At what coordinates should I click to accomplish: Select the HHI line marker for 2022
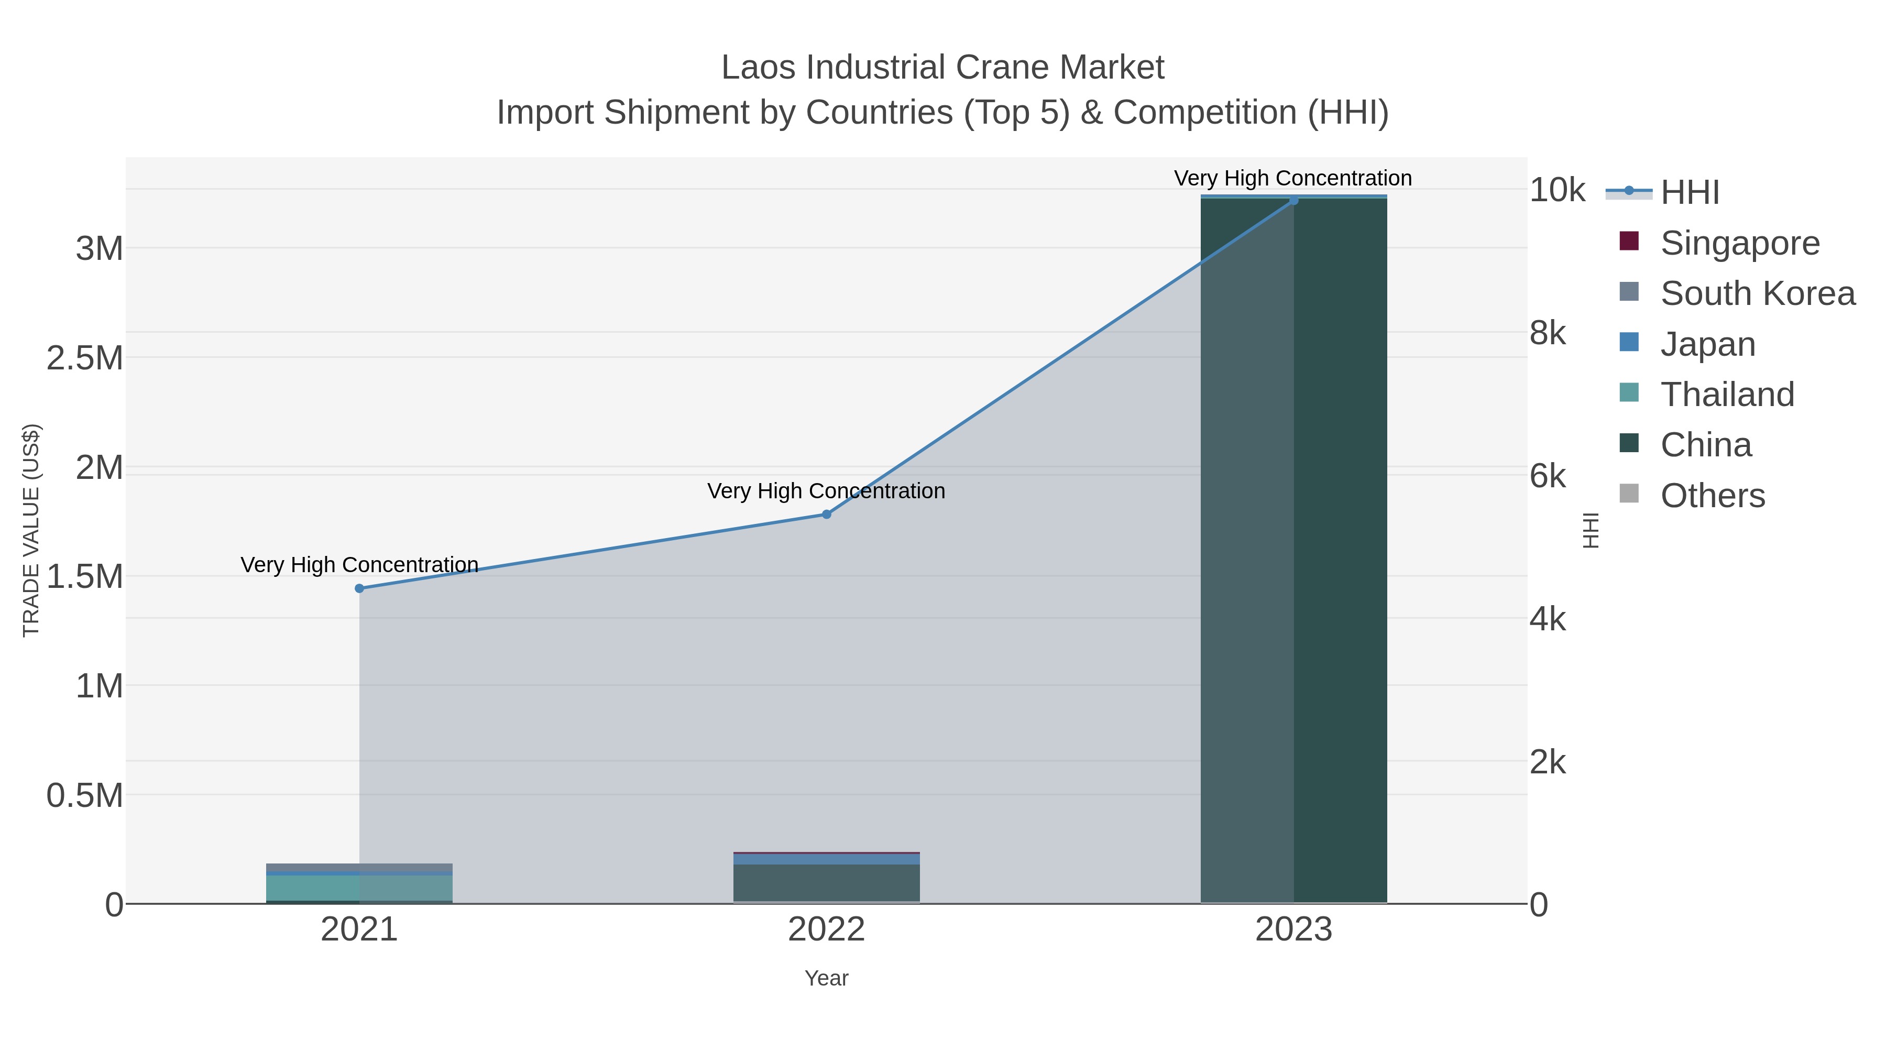click(827, 515)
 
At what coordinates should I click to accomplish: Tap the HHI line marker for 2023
click(1293, 201)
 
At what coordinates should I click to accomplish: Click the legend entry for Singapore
click(1739, 243)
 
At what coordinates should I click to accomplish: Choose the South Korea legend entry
click(1757, 293)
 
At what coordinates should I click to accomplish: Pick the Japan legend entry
click(1707, 344)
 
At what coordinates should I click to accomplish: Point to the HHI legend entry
click(1689, 193)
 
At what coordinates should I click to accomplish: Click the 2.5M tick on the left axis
click(85, 358)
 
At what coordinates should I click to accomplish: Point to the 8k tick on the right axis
click(1548, 333)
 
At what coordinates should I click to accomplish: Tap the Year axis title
click(827, 978)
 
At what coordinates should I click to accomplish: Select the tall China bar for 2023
click(1293, 549)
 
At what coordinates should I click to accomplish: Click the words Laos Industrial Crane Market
click(942, 68)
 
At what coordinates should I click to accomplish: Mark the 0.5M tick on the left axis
click(85, 796)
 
